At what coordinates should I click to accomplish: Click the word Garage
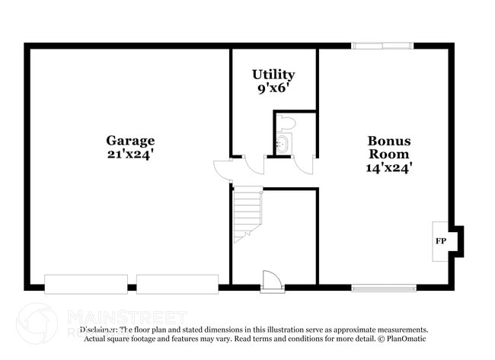point(130,141)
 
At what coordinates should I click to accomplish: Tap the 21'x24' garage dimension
point(130,154)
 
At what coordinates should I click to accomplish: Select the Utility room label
point(273,75)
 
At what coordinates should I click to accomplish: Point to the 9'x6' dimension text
point(273,88)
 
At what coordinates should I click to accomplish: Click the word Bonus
point(389,141)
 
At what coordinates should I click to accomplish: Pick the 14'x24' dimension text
point(389,168)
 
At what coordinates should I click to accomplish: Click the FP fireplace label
point(440,241)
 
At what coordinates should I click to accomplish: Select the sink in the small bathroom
point(283,144)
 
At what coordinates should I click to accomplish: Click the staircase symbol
point(247,215)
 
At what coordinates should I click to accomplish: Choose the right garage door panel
point(177,284)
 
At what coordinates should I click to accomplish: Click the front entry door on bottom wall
point(272,282)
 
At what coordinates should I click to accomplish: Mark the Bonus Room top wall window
point(382,46)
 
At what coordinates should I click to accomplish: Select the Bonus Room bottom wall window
point(384,288)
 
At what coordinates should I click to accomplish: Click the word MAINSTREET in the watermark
point(126,316)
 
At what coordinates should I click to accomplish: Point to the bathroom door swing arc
point(304,165)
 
